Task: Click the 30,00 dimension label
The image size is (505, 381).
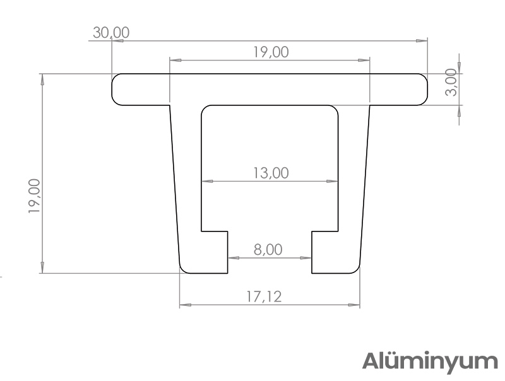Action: [x=111, y=33]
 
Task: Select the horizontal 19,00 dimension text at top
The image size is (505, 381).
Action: [x=271, y=52]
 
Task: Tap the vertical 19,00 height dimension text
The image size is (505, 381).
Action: [x=34, y=196]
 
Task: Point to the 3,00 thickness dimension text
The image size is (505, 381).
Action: [x=451, y=83]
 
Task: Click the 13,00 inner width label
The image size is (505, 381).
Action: [x=271, y=173]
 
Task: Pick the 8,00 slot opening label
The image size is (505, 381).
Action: [x=268, y=250]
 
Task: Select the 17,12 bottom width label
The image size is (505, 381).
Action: [x=264, y=296]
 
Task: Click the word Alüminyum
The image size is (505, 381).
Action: [x=430, y=361]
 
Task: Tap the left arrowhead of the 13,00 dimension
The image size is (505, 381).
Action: [x=207, y=182]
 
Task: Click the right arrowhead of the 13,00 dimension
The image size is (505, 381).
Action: [x=333, y=182]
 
